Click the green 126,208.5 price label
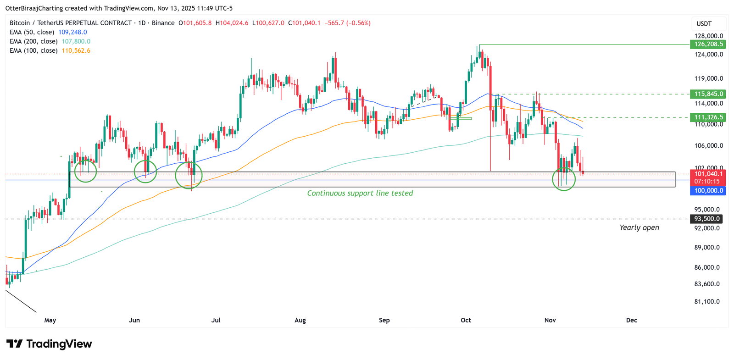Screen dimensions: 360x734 (x=708, y=44)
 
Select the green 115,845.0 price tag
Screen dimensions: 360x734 (x=708, y=94)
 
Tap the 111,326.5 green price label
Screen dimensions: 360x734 (x=708, y=117)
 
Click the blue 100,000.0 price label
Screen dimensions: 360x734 (x=708, y=190)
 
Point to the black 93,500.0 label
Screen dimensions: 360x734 (x=707, y=219)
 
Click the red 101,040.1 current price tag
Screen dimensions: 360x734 (x=708, y=174)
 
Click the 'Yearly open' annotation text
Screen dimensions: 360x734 (x=639, y=227)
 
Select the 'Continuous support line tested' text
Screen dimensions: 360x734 (x=360, y=193)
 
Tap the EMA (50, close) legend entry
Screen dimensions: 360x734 (x=48, y=32)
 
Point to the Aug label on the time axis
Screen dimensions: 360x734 (x=300, y=320)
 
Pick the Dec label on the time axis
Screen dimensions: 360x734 (x=631, y=320)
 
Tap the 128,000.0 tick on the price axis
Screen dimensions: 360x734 (x=708, y=36)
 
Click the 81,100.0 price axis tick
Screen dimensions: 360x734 (x=707, y=301)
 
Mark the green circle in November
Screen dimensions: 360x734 (x=563, y=179)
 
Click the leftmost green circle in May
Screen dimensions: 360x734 (x=85, y=171)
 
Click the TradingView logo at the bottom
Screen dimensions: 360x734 (x=49, y=344)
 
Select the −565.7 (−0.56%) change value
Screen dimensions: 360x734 (x=347, y=23)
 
